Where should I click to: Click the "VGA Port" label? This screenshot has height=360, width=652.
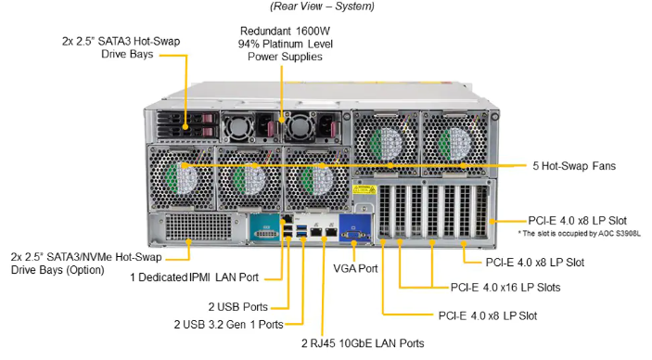click(355, 268)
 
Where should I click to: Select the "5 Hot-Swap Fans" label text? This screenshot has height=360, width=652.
click(575, 166)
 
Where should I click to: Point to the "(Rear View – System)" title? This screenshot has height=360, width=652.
click(322, 6)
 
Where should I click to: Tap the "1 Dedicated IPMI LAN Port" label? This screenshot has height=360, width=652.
click(195, 276)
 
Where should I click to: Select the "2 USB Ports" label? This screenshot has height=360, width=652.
click(238, 305)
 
